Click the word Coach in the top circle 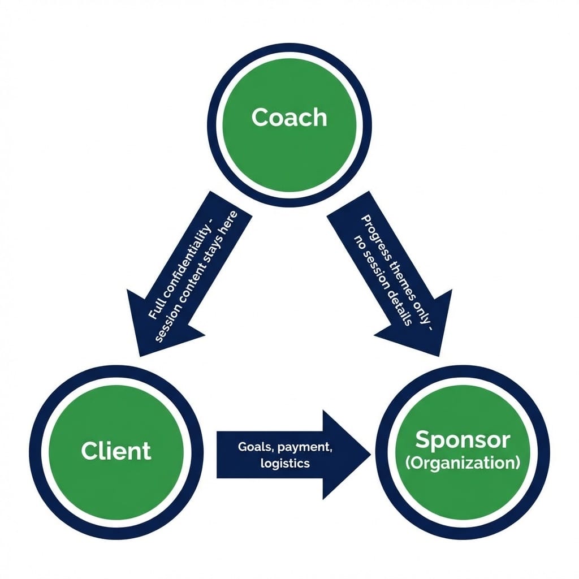pos(289,117)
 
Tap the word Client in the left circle pos(116,451)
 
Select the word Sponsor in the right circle pos(463,439)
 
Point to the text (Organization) pos(463,463)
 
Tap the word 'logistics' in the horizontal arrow pos(286,464)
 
